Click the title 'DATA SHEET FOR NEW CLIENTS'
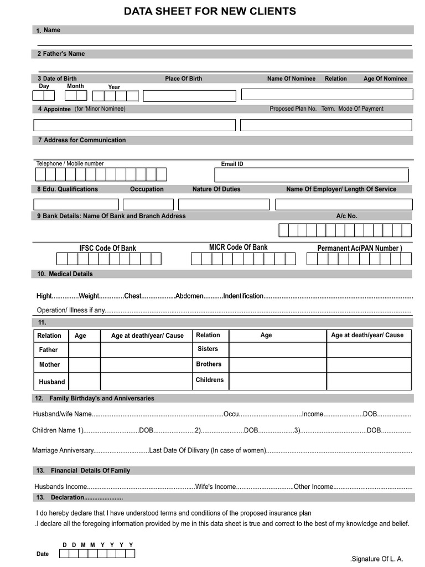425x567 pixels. (210, 12)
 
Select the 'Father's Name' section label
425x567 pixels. (61, 54)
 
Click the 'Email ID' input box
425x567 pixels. (311, 175)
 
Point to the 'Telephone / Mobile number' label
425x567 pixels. (70, 163)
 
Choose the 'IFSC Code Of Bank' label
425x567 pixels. (107, 248)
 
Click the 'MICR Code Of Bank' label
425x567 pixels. (238, 247)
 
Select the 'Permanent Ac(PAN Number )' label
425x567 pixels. (360, 248)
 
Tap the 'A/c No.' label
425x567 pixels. (346, 216)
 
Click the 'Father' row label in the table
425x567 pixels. (48, 350)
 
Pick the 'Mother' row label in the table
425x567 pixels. (49, 365)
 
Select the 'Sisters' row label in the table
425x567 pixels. (208, 349)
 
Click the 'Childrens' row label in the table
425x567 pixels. (209, 380)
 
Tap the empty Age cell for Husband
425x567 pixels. (84, 382)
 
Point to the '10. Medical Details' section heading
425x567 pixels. (65, 274)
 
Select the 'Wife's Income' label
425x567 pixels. (215, 487)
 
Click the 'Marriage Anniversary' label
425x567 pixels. (63, 450)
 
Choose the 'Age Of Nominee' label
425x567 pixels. (385, 79)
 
